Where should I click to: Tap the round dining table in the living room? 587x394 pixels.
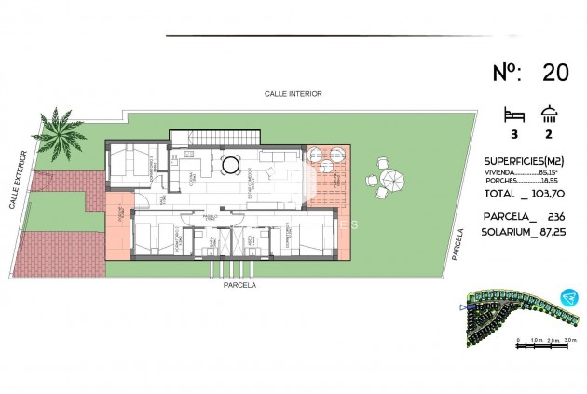tap(229, 166)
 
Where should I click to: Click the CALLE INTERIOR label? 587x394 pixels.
tap(293, 94)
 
